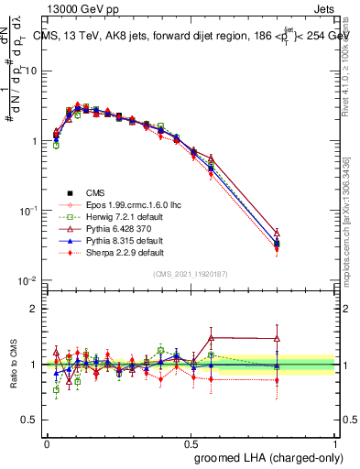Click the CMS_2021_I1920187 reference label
[x=191, y=273]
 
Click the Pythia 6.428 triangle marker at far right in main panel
[x=302, y=233]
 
